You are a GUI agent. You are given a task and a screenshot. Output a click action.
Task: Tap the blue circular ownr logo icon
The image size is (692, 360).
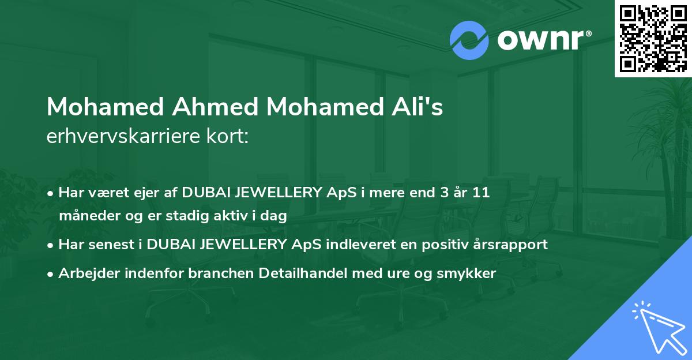pyautogui.click(x=469, y=40)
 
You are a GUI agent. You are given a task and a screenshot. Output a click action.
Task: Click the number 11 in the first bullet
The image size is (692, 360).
pyautogui.click(x=480, y=192)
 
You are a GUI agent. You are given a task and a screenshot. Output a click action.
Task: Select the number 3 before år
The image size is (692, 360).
pyautogui.click(x=443, y=192)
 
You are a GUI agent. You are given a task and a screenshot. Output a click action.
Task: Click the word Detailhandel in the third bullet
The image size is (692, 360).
pyautogui.click(x=311, y=273)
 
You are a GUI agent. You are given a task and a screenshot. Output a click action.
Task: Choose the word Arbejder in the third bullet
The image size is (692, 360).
pyautogui.click(x=84, y=273)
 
